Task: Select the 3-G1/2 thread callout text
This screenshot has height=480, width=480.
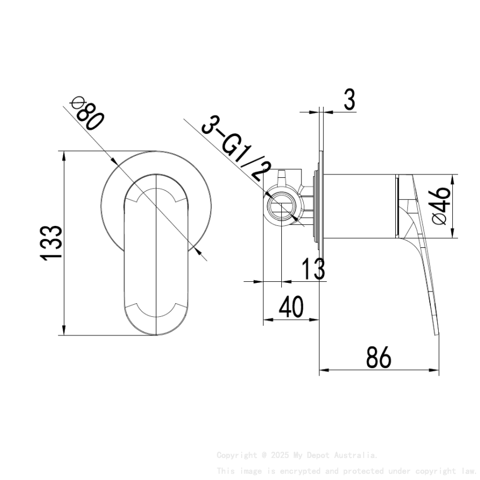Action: (x=237, y=148)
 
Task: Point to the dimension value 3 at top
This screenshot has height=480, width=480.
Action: (x=349, y=100)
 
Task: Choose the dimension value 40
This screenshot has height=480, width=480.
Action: (x=291, y=307)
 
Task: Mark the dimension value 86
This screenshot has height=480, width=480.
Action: (x=378, y=358)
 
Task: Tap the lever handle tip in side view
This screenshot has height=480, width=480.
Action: (x=437, y=330)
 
